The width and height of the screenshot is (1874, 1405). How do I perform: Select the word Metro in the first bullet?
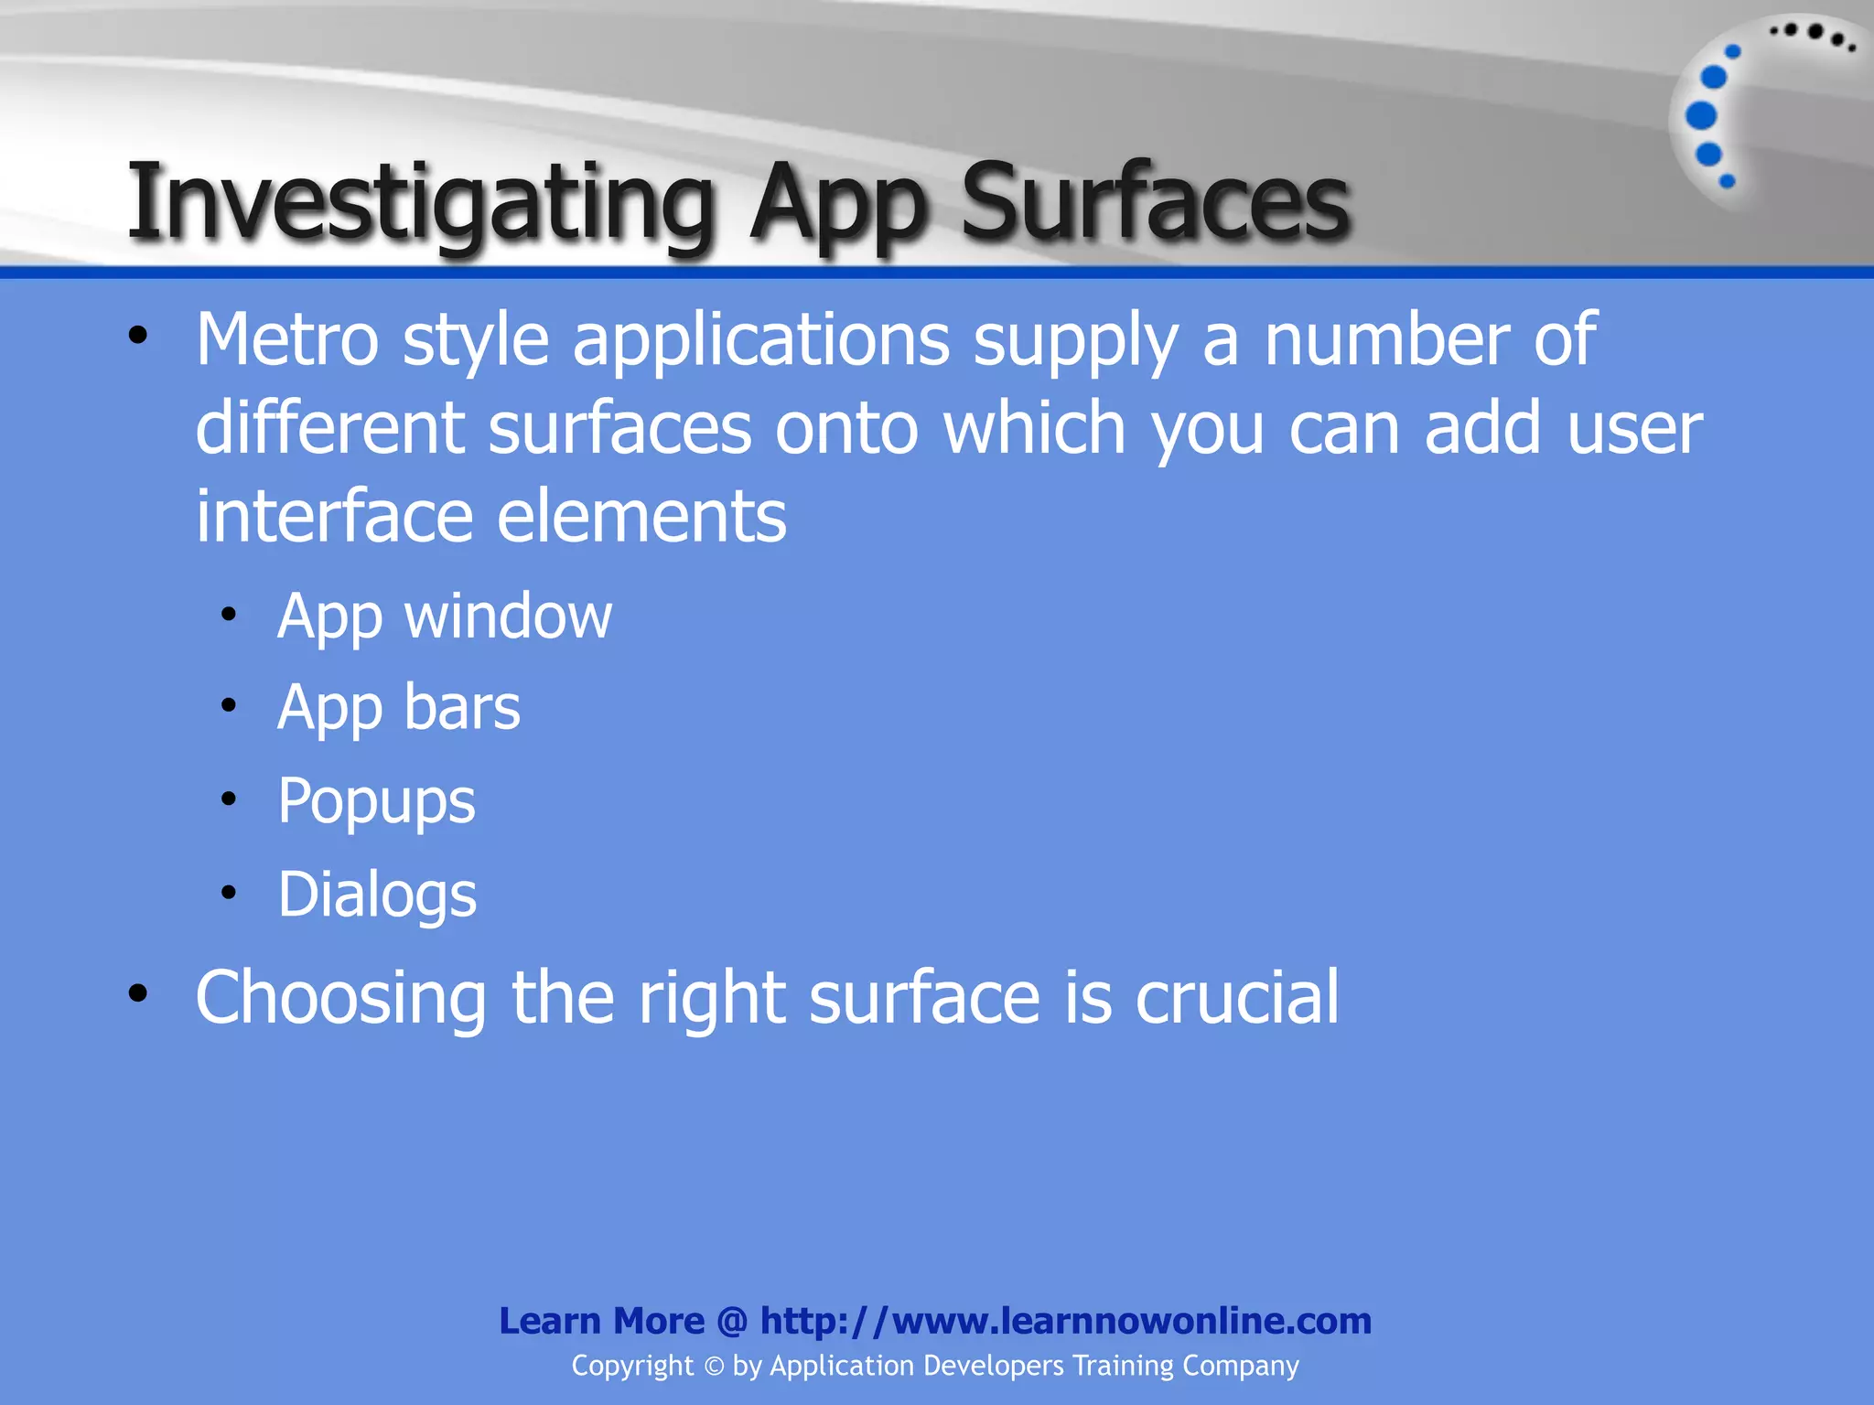point(287,339)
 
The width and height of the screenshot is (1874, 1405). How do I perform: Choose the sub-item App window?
point(445,616)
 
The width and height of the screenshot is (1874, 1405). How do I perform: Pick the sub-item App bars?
point(399,707)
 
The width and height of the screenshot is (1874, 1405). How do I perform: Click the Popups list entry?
point(376,801)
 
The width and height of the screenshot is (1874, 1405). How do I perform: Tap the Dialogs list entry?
point(377,894)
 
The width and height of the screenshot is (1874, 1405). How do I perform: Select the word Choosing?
point(341,997)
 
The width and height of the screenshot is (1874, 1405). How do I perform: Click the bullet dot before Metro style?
point(138,336)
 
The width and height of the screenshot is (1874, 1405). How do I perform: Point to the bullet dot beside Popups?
point(229,799)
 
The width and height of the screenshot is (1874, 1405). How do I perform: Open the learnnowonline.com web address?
point(1065,1321)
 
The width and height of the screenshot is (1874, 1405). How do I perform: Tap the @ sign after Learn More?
point(732,1321)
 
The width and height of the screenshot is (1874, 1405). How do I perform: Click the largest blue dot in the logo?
point(1701,116)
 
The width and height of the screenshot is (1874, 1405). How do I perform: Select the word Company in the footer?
point(1240,1366)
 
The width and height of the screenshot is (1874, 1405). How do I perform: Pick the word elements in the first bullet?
point(641,516)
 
